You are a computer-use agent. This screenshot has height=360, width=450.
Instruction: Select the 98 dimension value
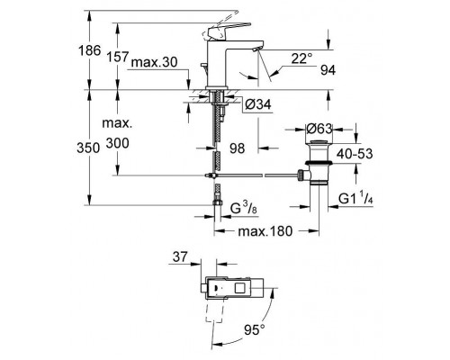(238, 147)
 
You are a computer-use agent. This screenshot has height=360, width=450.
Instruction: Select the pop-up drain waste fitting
(315, 163)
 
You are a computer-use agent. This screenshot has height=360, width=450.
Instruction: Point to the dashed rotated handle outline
(213, 314)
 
